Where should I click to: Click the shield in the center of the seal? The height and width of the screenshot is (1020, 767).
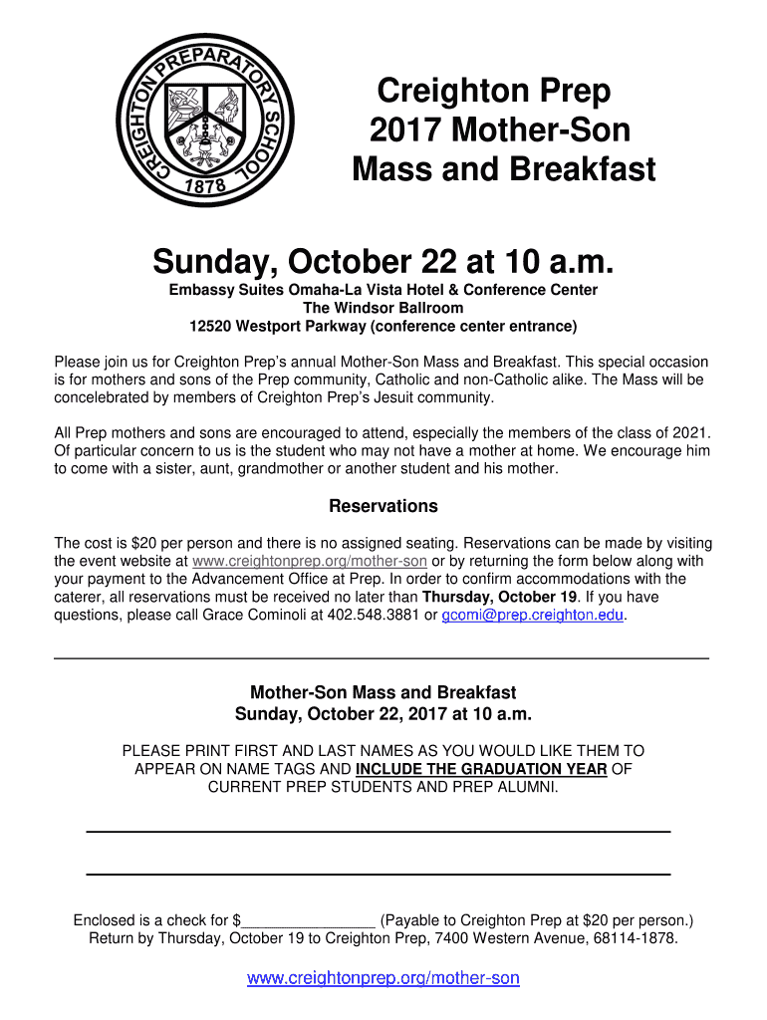205,122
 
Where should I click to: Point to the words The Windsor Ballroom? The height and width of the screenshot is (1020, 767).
383,308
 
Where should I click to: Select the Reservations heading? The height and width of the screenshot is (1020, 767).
383,506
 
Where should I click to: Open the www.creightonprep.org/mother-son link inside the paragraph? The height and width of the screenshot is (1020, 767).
309,561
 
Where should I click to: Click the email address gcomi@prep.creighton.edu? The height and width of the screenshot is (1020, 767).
533,615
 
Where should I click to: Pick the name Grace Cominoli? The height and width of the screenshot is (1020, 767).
257,615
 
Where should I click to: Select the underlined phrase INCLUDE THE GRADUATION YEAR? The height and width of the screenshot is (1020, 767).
481,769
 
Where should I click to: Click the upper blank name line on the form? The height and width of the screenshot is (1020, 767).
379,830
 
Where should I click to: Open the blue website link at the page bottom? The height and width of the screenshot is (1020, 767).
383,978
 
